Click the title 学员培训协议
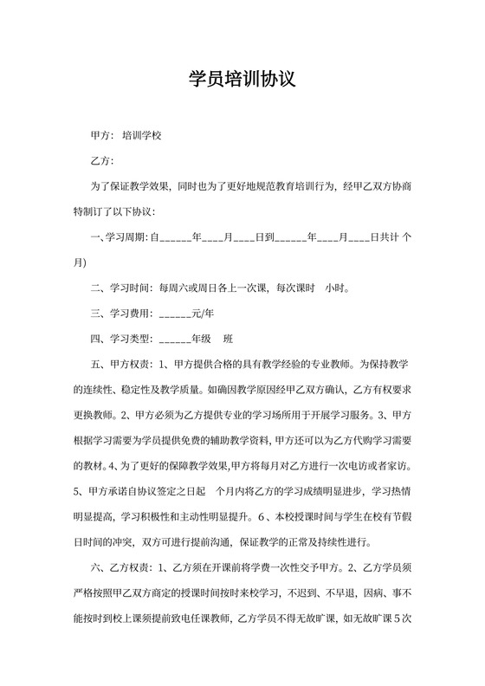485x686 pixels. (x=242, y=80)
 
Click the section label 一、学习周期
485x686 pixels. (x=118, y=236)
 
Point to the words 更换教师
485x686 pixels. (x=94, y=412)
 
